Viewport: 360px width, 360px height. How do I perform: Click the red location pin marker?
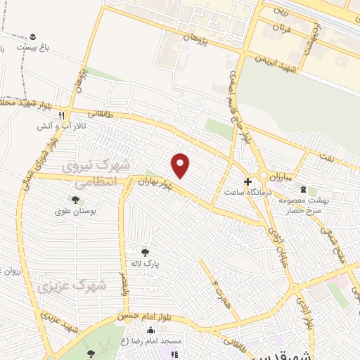click(181, 165)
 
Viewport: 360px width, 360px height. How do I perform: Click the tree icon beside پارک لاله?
click(146, 252)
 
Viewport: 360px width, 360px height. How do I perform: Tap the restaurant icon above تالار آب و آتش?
click(62, 115)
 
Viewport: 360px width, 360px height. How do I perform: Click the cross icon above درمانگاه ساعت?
click(247, 181)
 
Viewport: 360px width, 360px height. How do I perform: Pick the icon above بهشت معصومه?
click(303, 190)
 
